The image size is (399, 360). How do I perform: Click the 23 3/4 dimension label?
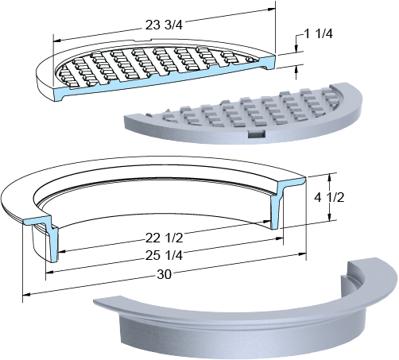coord(164,25)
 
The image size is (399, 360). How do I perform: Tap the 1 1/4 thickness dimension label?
coord(318,34)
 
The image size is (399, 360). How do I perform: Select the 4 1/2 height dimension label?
coord(329,197)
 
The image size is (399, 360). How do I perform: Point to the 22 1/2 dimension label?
coord(164,238)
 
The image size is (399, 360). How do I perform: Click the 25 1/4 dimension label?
coord(164,255)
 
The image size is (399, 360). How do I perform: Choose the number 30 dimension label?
coord(165,274)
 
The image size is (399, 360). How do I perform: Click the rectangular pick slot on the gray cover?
coord(257,134)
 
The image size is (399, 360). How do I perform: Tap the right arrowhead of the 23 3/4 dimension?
coord(272,9)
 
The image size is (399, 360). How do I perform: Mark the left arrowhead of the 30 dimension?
coord(27,294)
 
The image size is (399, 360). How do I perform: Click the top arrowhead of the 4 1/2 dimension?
coord(329,176)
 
